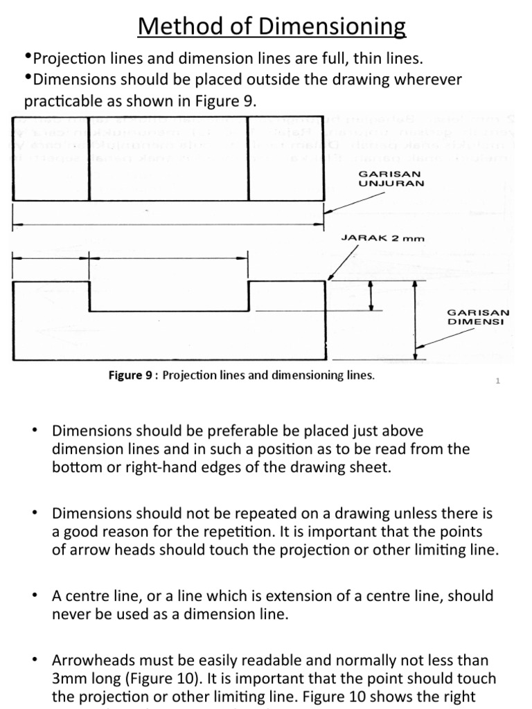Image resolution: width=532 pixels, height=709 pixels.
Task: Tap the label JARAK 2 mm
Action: [383, 237]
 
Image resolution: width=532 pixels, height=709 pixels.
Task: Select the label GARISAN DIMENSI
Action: [479, 317]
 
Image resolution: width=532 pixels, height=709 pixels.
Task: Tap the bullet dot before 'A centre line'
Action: [33, 596]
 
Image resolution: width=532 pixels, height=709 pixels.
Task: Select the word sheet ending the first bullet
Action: [371, 467]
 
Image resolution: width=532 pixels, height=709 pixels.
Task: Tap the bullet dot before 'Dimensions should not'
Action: [33, 513]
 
